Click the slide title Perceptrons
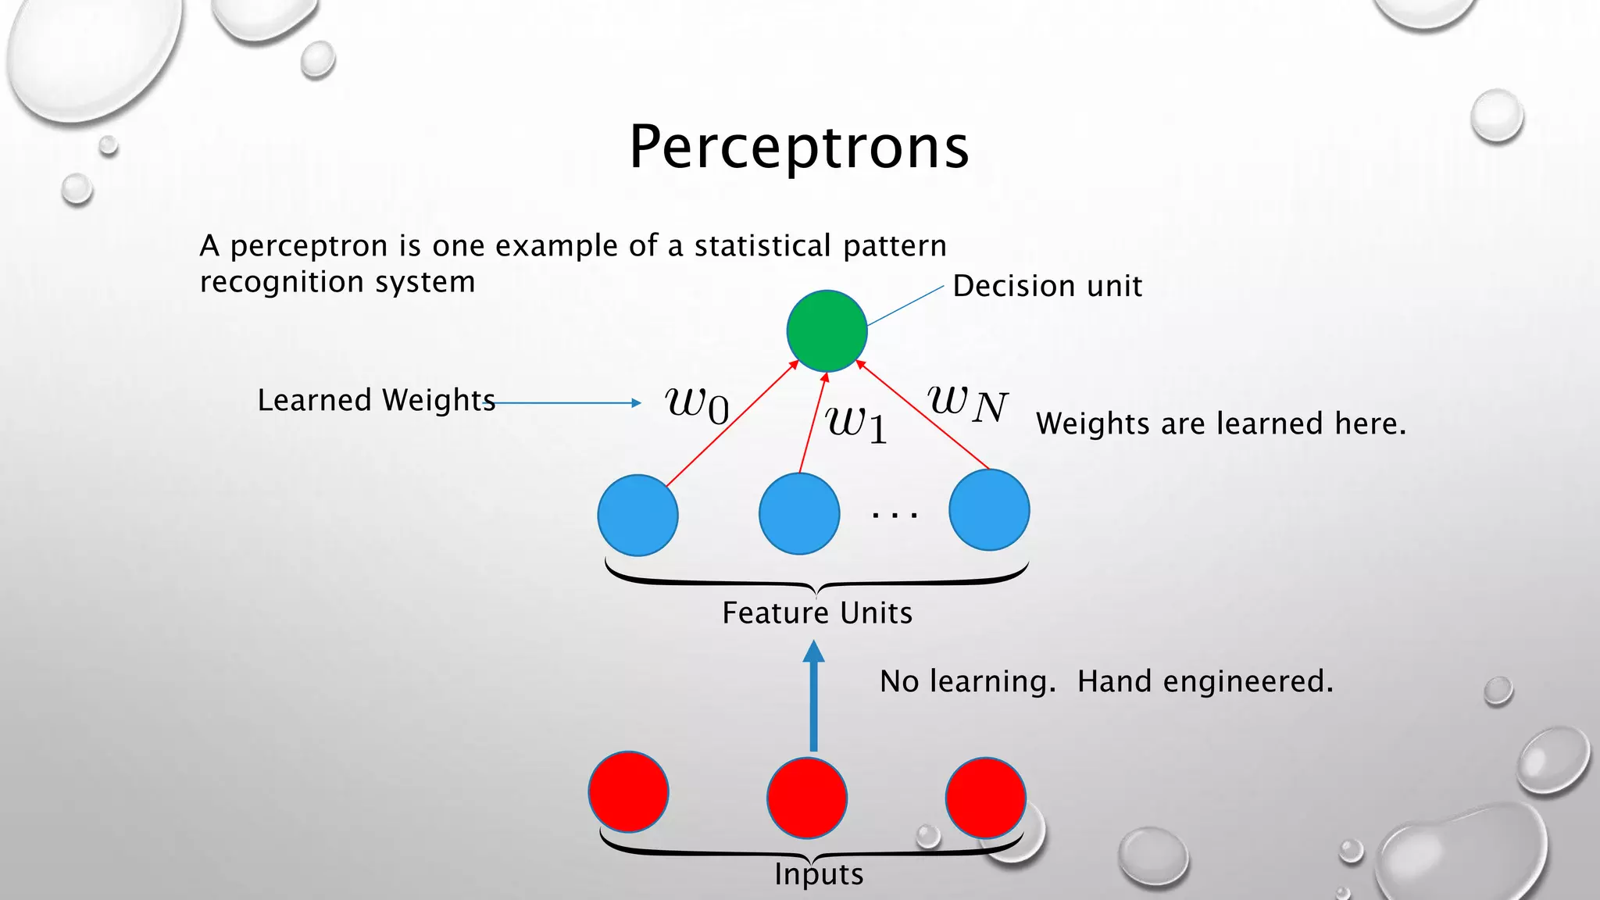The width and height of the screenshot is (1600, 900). point(798,147)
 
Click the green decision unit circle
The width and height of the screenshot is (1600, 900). point(827,330)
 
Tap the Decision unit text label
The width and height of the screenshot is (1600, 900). point(1047,286)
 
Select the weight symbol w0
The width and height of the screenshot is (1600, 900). point(697,405)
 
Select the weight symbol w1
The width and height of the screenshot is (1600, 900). point(856,424)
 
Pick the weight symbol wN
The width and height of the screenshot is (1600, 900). point(967,403)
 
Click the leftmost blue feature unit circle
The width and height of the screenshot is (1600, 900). point(637,515)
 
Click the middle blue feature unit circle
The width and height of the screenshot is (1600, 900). point(799,513)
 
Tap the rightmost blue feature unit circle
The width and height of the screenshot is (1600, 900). point(989,509)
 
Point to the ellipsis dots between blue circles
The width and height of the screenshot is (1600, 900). point(895,515)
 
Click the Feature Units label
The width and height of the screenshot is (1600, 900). point(817,612)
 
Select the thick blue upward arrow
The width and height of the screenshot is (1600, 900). point(814,695)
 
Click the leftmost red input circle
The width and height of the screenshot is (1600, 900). point(628,791)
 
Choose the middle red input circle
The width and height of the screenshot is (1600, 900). point(807,797)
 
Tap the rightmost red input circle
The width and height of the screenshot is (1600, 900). point(985,797)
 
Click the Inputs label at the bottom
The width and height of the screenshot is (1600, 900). point(819,874)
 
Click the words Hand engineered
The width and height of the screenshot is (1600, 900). point(1205,681)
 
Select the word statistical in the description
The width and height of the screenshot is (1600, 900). point(762,246)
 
